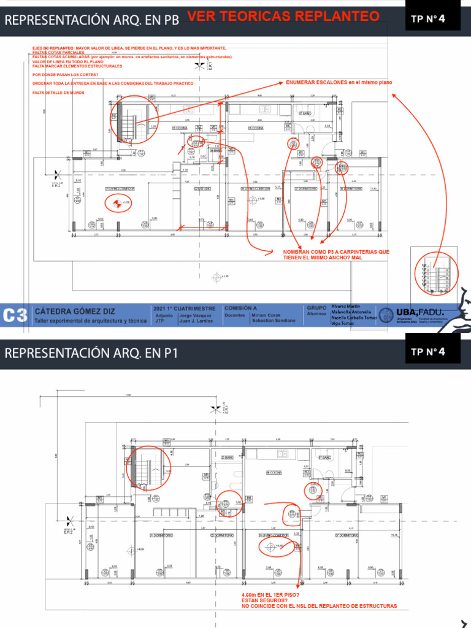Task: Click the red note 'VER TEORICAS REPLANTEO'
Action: (283, 17)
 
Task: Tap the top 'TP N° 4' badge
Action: (428, 18)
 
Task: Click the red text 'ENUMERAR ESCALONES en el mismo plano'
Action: (339, 82)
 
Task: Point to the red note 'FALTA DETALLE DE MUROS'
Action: (58, 93)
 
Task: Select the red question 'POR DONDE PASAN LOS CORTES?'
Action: (65, 75)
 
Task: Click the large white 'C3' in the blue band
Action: (15, 316)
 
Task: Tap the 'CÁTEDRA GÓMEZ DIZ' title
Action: (75, 311)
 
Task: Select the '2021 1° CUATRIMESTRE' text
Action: (185, 308)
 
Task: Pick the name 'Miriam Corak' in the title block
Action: (265, 315)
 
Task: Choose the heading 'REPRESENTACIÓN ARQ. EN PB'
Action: (92, 20)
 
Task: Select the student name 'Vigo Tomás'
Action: (343, 323)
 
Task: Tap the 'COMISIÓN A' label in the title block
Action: (240, 308)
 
